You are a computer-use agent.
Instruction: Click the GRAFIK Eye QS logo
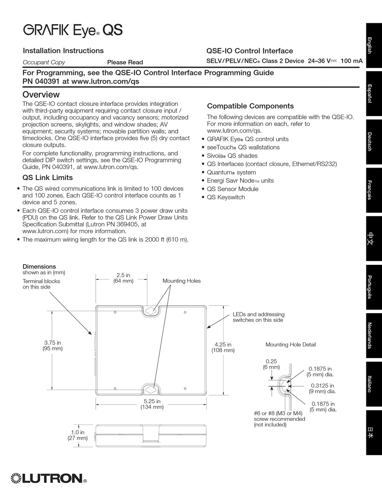tap(73, 31)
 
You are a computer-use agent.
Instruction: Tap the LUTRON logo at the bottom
tap(49, 478)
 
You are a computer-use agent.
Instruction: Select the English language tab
tap(374, 45)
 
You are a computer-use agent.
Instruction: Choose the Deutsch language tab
tap(374, 142)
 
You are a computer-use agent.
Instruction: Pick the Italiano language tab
tap(374, 384)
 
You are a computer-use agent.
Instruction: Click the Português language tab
tap(374, 287)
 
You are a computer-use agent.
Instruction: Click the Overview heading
tap(41, 94)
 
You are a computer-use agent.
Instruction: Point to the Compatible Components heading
tap(250, 106)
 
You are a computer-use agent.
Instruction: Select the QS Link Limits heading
tap(47, 178)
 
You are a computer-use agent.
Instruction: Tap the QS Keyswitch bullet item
tap(226, 197)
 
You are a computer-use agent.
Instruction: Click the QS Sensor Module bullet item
tap(232, 189)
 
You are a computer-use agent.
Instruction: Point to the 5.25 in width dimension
tap(152, 404)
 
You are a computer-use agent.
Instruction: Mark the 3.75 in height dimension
tap(53, 346)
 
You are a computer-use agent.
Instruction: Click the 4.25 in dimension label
tap(223, 347)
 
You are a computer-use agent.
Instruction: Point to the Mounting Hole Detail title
tap(290, 344)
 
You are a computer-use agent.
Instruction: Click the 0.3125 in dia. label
tap(322, 388)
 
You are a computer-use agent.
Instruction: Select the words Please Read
tap(125, 62)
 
